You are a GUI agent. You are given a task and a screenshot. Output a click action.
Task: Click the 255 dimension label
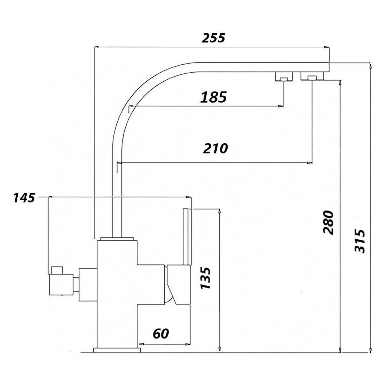213,38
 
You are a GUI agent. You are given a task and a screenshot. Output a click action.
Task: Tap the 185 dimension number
213,97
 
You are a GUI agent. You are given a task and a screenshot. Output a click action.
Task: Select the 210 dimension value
215,148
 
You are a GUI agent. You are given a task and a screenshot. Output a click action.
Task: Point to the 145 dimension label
24,197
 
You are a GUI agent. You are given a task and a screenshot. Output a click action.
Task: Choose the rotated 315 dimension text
360,241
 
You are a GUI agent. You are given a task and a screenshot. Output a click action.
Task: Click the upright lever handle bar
186,236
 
